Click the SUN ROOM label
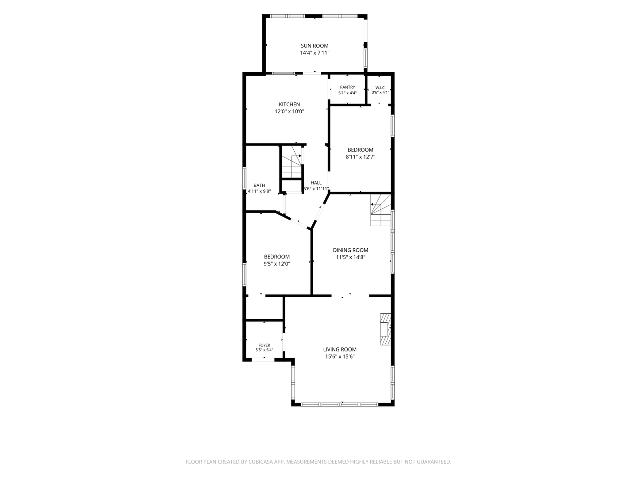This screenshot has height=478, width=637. [x=315, y=46]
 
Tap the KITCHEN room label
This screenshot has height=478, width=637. [x=289, y=104]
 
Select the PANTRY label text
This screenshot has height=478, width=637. [x=347, y=87]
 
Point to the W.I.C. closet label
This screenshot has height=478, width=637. [x=380, y=88]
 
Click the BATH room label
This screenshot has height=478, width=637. [x=259, y=185]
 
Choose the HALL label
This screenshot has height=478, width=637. [x=316, y=183]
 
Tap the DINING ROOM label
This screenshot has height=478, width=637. [x=350, y=250]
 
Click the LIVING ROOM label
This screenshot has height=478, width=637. [x=340, y=350]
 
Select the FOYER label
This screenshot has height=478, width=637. [x=264, y=345]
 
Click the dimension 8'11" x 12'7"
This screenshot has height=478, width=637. [x=360, y=157]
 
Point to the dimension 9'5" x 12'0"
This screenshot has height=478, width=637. [x=276, y=264]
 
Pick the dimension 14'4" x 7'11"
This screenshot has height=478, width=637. [x=315, y=53]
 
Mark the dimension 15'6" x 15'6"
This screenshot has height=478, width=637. [x=340, y=357]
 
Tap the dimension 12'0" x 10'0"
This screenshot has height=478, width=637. [x=289, y=112]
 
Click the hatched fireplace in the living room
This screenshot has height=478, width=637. [x=386, y=329]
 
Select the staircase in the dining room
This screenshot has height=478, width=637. [x=381, y=210]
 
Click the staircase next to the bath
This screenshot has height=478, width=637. [x=292, y=162]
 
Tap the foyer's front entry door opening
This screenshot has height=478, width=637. [x=263, y=360]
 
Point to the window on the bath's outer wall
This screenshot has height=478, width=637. [x=244, y=178]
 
